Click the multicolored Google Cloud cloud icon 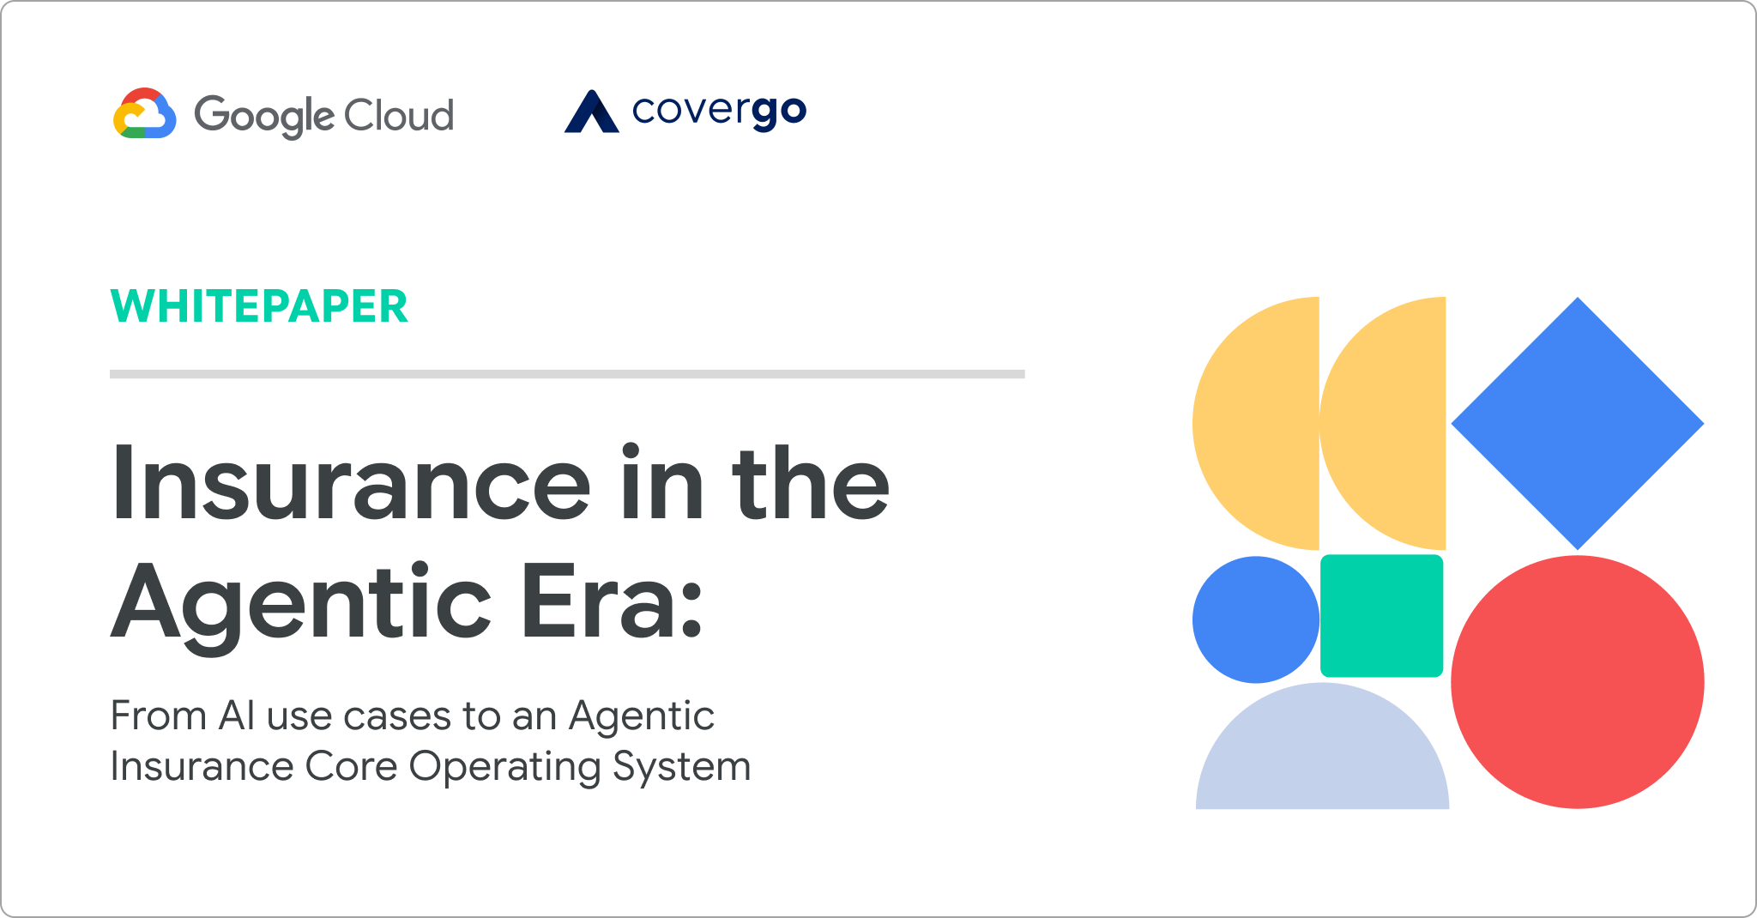[145, 113]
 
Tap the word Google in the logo [263, 116]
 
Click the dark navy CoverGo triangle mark [591, 112]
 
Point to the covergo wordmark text [720, 112]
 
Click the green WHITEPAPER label [259, 306]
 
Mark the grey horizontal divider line [567, 374]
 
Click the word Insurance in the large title [351, 482]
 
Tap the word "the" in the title [811, 482]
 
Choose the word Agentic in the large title [301, 607]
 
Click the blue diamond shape [1577, 423]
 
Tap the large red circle [1577, 681]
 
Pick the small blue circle [1256, 619]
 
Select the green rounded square [1381, 615]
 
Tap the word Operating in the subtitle [504, 767]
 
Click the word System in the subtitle [681, 767]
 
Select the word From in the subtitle [159, 716]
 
